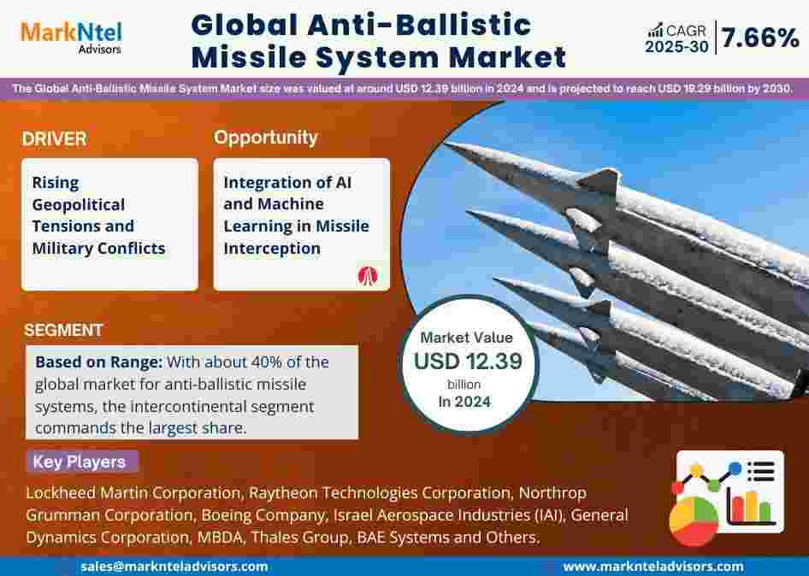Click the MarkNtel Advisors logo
pos(71,37)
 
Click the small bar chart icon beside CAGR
pos(655,30)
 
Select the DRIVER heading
pos(54,139)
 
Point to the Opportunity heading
pos(266,138)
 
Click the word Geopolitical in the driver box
pos(79,205)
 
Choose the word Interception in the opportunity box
pos(272,248)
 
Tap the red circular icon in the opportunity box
pos(368,276)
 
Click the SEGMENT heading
pos(63,330)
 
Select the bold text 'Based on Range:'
pos(98,362)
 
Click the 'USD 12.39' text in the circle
pos(468,361)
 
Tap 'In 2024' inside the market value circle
pos(464,402)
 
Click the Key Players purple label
pos(81,461)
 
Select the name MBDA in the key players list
pos(221,538)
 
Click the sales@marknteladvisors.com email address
pos(174,567)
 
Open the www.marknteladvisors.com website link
pos(653,567)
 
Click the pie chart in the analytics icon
pos(694,520)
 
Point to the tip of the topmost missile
pos(446,145)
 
